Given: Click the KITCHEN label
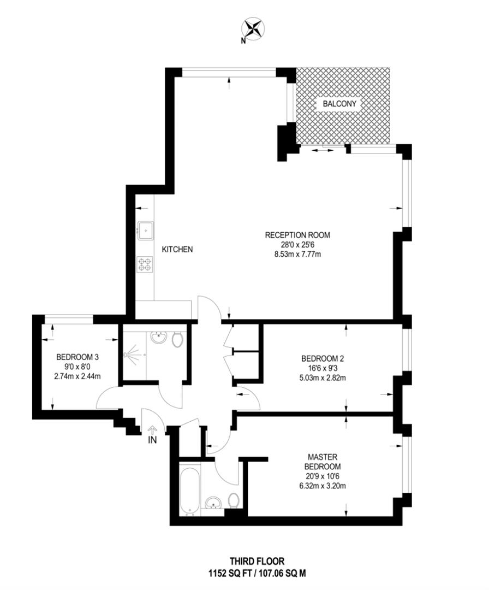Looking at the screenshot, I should [177, 249].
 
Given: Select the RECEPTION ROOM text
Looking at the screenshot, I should [297, 235].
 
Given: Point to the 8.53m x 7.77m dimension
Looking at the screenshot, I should [297, 254].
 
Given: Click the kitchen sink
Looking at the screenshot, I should [146, 231].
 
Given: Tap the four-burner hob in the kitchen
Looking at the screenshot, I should [145, 264].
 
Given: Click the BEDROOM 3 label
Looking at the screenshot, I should [77, 357].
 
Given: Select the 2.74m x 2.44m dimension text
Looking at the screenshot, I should [77, 376].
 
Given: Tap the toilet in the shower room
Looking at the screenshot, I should [177, 340].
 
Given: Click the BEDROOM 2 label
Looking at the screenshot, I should [322, 359].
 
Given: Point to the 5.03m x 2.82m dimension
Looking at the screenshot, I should [322, 377].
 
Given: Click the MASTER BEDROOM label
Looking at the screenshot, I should [322, 462].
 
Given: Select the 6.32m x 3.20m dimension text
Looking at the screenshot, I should [322, 485].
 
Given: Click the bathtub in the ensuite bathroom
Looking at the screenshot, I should [190, 489].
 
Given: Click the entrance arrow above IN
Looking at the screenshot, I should [152, 428].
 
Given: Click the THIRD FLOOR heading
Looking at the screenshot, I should [257, 561].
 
